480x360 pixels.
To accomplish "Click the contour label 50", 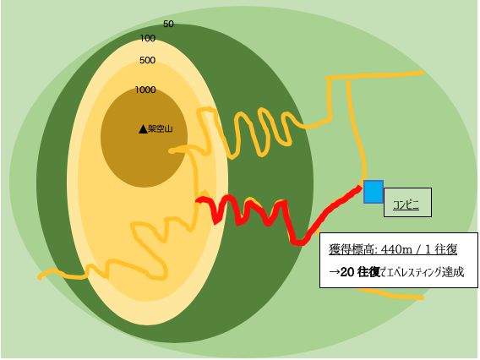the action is (x=168, y=24).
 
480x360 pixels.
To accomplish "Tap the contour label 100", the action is (x=148, y=38).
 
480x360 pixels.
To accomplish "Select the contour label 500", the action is (x=148, y=60).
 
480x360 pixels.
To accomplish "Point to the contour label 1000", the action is (x=145, y=90).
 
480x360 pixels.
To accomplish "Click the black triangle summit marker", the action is (x=143, y=129).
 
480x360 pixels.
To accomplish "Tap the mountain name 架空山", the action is (x=160, y=128).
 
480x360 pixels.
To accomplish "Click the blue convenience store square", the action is (x=374, y=192).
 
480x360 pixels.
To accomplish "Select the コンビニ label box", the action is (x=408, y=203).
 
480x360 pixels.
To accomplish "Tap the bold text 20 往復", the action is (x=360, y=272).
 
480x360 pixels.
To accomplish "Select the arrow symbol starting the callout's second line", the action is (x=335, y=272).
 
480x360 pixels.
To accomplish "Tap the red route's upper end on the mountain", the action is (x=198, y=200).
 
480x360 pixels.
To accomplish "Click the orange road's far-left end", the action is (x=40, y=278).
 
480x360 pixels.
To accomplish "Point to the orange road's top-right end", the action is (x=423, y=73).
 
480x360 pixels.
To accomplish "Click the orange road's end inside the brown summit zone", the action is (x=171, y=151).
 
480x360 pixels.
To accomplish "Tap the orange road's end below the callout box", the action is (x=422, y=297).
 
